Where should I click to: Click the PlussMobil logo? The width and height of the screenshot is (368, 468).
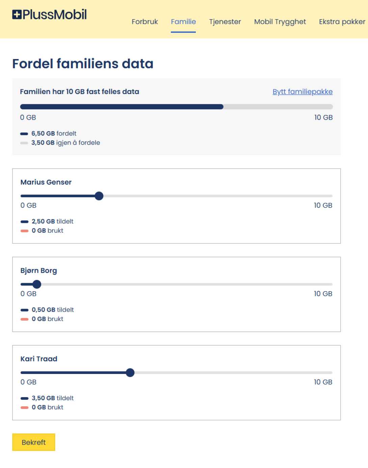click(49, 14)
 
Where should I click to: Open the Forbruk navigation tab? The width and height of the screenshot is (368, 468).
click(144, 22)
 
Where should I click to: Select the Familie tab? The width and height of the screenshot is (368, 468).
click(183, 22)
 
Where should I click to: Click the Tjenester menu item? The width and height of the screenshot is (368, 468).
click(225, 22)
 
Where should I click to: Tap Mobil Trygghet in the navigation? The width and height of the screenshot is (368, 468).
click(280, 22)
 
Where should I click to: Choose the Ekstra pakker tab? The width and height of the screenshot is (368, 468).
click(342, 22)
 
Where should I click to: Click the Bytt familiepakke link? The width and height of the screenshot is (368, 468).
click(303, 92)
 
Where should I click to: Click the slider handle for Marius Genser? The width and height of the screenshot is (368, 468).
click(99, 196)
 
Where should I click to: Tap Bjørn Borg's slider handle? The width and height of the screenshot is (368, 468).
click(37, 284)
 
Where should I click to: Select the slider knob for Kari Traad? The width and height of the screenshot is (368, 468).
click(130, 373)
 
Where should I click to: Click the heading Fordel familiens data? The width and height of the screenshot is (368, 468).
click(83, 64)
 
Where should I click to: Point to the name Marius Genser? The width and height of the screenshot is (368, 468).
click(46, 182)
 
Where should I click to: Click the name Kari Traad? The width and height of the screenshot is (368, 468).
click(39, 359)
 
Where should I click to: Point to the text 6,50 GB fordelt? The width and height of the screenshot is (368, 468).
click(54, 134)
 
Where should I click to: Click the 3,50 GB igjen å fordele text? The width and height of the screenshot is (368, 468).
click(65, 143)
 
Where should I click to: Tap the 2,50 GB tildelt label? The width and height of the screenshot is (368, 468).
click(52, 222)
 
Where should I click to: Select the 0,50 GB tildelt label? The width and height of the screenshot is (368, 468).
click(53, 310)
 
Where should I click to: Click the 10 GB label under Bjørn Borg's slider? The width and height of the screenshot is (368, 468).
click(323, 294)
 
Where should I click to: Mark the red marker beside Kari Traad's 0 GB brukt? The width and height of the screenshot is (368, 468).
click(24, 408)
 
